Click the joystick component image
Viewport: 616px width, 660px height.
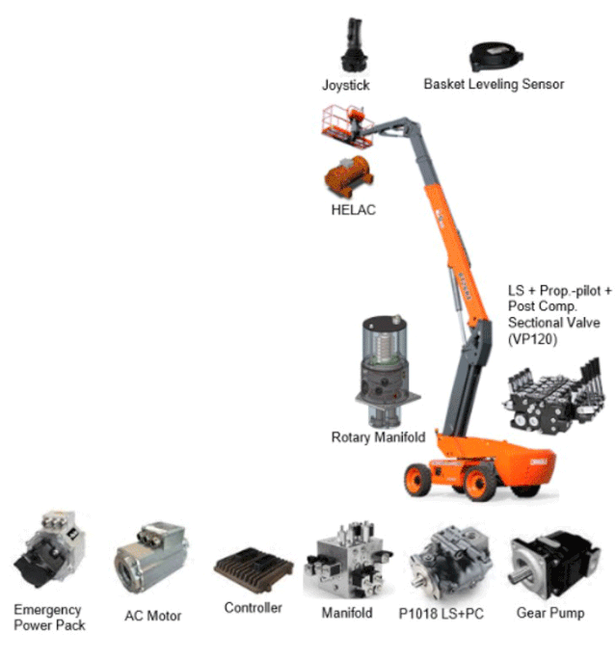353,44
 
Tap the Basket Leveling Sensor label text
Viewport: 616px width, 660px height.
494,84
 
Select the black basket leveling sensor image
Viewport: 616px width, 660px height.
495,56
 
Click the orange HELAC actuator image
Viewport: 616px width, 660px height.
348,175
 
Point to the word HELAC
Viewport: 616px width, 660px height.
353,210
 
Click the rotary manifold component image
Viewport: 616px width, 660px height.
387,371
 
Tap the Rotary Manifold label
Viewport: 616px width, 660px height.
378,437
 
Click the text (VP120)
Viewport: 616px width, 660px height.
533,339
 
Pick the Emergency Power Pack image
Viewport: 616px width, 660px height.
50,548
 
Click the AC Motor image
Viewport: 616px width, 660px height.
150,557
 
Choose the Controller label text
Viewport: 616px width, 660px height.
254,608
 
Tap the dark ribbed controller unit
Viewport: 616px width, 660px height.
254,570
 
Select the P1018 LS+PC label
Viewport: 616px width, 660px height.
442,614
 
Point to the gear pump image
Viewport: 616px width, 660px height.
553,564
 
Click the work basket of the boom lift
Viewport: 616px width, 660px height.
347,126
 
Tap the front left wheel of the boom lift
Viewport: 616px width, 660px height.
418,480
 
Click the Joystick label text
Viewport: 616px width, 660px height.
346,86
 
